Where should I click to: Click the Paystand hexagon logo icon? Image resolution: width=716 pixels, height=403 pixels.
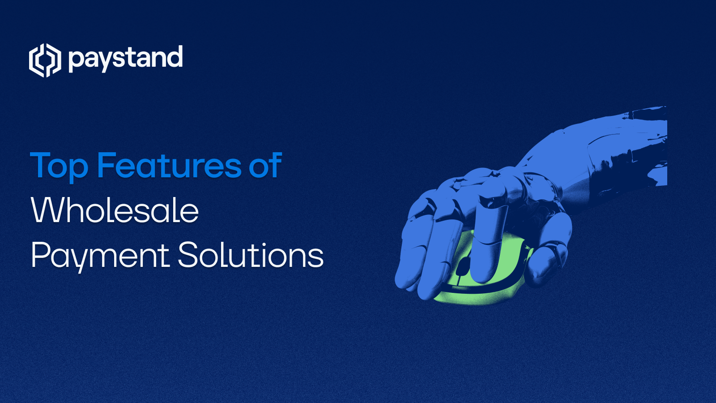pyautogui.click(x=45, y=60)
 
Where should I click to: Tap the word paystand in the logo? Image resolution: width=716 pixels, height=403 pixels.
pyautogui.click(x=125, y=59)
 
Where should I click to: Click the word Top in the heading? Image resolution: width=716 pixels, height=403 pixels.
pyautogui.click(x=59, y=166)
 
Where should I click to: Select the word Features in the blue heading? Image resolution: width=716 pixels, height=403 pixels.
pyautogui.click(x=169, y=165)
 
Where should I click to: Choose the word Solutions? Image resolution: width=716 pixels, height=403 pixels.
pyautogui.click(x=251, y=255)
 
